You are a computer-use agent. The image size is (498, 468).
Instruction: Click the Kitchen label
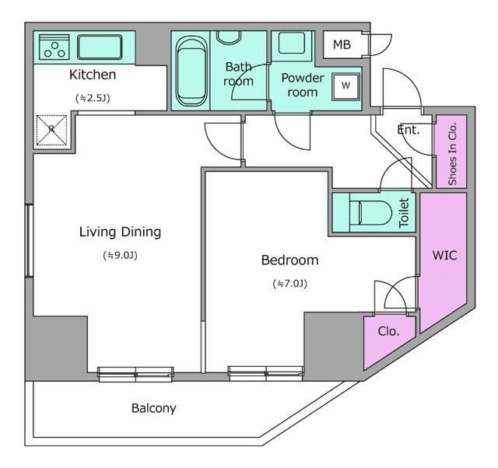point(93,75)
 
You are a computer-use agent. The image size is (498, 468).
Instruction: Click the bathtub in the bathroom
point(191,70)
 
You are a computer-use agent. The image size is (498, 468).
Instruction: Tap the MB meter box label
point(342,45)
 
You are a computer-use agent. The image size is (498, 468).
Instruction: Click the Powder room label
point(303,85)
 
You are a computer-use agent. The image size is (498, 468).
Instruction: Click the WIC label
point(444,255)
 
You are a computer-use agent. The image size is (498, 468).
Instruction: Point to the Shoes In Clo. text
point(452,152)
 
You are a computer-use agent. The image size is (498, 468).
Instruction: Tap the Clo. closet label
point(388,330)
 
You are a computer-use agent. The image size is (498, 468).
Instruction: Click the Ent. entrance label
point(409,130)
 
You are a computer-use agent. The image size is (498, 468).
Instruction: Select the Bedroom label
point(289,260)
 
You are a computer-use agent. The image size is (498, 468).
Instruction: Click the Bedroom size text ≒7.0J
point(290,284)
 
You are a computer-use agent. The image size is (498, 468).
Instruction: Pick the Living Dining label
point(120,232)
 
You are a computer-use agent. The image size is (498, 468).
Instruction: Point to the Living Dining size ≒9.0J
point(120,255)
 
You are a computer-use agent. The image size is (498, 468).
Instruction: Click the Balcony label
point(153,408)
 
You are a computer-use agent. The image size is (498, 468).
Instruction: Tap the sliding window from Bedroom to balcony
point(265,372)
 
